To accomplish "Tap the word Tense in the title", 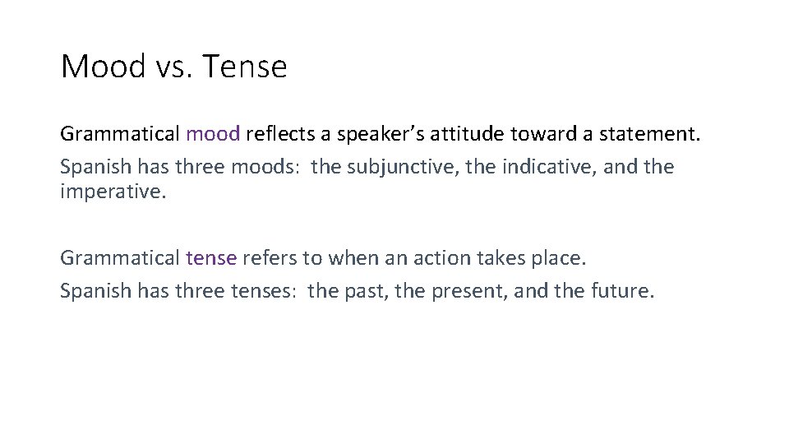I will [244, 66].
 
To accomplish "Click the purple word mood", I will [213, 134].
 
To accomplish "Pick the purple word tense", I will [211, 258].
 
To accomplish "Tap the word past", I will [366, 292].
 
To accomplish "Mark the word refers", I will [270, 258].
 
